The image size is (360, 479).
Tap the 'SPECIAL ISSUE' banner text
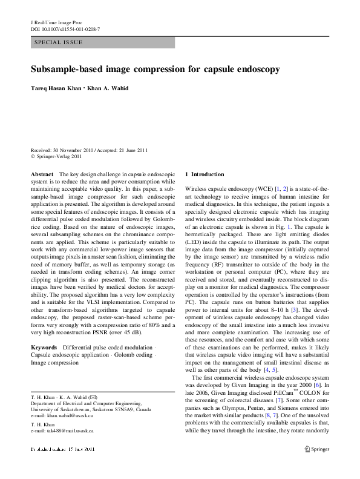59,43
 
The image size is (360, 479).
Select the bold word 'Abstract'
42,174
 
